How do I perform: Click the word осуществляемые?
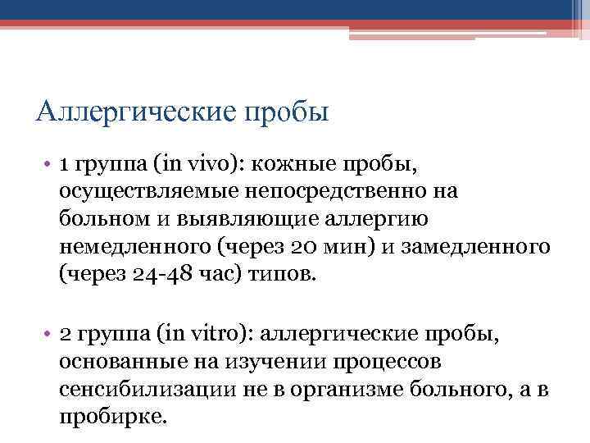(140, 191)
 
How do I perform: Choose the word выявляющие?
(246, 219)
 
